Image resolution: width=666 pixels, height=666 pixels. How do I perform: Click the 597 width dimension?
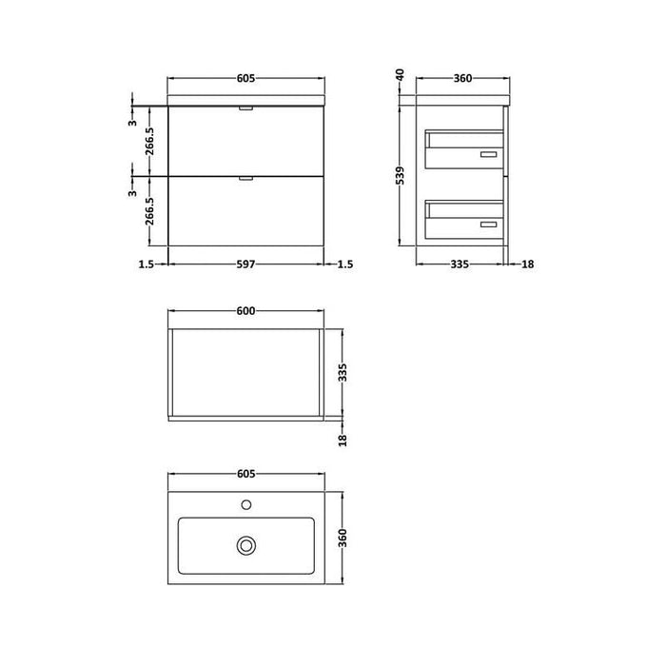click(x=246, y=264)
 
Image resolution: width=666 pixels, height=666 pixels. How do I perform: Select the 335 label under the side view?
click(x=460, y=264)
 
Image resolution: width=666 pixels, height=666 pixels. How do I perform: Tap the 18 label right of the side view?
click(x=527, y=264)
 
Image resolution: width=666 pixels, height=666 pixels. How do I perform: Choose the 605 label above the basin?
click(x=246, y=476)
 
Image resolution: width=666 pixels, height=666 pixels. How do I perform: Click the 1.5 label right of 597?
click(x=344, y=264)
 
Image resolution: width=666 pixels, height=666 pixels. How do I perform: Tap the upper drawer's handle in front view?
click(x=246, y=109)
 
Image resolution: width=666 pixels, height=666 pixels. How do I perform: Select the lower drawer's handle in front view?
click(x=246, y=178)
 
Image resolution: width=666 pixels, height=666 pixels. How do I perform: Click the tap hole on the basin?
click(x=246, y=504)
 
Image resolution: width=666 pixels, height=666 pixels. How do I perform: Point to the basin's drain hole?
click(x=246, y=545)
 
